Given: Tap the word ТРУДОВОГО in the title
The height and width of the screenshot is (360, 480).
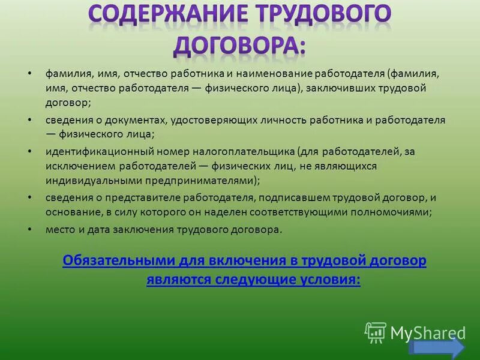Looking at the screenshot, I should [x=318, y=14].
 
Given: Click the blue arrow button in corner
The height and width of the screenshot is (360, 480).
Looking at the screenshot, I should [x=436, y=348].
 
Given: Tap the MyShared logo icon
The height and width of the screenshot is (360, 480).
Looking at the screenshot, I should [x=376, y=331].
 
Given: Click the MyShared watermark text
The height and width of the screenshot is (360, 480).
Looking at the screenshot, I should [x=427, y=332].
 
